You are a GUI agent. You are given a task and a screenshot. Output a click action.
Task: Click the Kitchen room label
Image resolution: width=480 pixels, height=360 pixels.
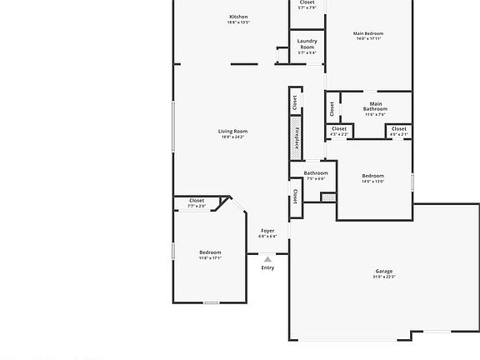pyautogui.click(x=238, y=17)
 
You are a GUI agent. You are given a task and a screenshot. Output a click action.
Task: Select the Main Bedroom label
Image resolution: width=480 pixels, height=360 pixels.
pyautogui.click(x=368, y=33)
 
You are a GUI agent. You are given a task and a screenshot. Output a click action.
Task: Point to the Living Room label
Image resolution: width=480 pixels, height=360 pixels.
pyautogui.click(x=233, y=131)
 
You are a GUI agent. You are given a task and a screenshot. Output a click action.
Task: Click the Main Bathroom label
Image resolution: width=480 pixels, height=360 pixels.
pyautogui.click(x=375, y=107)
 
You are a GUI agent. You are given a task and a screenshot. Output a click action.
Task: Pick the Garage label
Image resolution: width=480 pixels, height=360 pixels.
pyautogui.click(x=383, y=271)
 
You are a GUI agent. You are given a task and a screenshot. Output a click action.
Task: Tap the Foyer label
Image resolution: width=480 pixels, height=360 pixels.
pyautogui.click(x=267, y=230)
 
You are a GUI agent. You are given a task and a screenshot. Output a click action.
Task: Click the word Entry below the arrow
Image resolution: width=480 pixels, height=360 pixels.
pyautogui.click(x=267, y=267)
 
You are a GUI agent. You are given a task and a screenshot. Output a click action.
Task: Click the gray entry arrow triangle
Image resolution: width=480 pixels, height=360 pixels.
pyautogui.click(x=267, y=259)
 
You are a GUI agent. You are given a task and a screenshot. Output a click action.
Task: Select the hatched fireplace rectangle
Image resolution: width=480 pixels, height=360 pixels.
pyautogui.click(x=295, y=134)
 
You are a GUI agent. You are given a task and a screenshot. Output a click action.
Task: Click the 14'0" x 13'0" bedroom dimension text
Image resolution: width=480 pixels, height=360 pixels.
pyautogui.click(x=372, y=181)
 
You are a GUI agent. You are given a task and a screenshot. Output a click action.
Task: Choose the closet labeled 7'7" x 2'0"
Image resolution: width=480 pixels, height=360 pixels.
pyautogui.click(x=197, y=202)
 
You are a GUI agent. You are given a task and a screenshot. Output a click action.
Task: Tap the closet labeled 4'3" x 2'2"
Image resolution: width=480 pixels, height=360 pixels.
pyautogui.click(x=339, y=131)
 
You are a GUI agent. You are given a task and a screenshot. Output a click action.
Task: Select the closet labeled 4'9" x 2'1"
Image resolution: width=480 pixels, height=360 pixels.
pyautogui.click(x=399, y=131)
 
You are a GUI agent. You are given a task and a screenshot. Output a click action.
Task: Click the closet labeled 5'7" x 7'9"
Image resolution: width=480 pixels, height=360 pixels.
pyautogui.click(x=307, y=5)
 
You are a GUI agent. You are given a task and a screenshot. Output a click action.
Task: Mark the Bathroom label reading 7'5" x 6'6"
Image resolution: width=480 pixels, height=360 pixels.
pyautogui.click(x=317, y=175)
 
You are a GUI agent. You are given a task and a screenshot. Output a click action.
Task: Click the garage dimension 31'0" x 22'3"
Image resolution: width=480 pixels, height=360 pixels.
pyautogui.click(x=384, y=277)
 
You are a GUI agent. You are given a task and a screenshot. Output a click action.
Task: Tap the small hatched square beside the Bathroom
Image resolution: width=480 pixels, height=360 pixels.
pyautogui.click(x=328, y=197)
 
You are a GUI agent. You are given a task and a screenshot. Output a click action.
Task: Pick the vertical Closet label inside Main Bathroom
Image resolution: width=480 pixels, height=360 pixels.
pyautogui.click(x=332, y=107)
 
